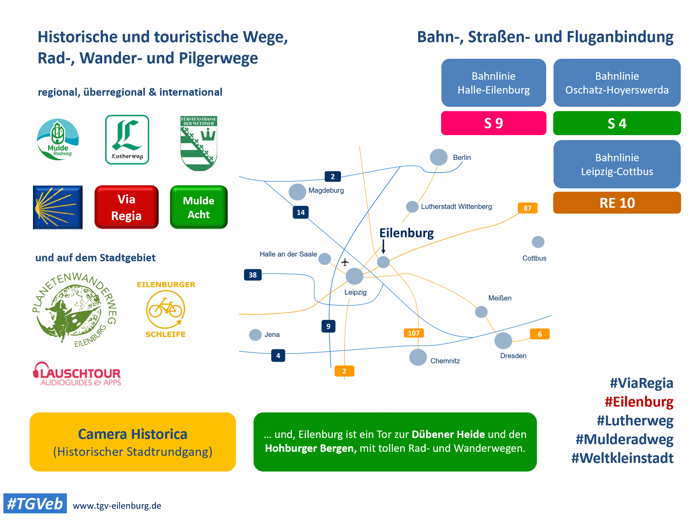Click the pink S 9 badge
(x=493, y=123)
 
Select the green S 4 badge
(x=617, y=123)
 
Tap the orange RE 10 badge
(x=617, y=203)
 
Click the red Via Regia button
(x=126, y=207)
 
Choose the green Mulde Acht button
(x=198, y=207)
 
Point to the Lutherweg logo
(x=127, y=139)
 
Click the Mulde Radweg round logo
(x=58, y=139)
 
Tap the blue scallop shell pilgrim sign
(x=58, y=207)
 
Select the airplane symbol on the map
(x=345, y=262)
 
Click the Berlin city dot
(x=439, y=157)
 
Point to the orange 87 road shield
(x=527, y=208)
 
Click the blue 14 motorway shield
(x=300, y=212)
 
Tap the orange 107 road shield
(x=413, y=333)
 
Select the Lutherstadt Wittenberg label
(x=456, y=207)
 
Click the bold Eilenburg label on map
(x=406, y=233)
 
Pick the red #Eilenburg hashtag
(x=639, y=402)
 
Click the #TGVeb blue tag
(x=35, y=504)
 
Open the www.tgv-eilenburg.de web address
(x=117, y=506)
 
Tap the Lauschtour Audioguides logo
(x=77, y=374)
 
